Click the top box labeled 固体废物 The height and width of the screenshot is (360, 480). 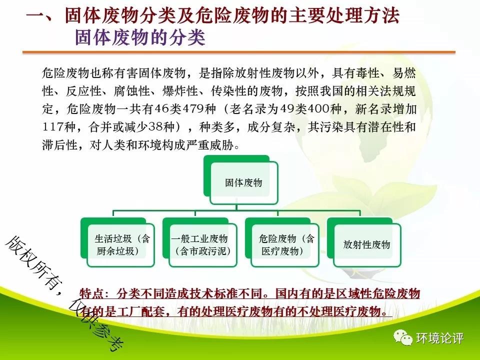coord(241,180)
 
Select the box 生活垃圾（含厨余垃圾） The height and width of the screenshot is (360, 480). coord(117,242)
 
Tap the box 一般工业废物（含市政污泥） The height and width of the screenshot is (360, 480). coord(200,242)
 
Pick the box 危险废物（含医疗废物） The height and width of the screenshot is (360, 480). coord(282,242)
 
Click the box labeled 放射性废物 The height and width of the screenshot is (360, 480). coord(364,242)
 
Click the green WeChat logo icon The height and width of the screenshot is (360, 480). coord(403,337)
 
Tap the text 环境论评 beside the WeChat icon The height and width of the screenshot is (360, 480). coord(439,338)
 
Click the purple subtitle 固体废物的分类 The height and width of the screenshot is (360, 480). coord(140,38)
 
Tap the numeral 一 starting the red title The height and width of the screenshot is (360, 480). coord(36,15)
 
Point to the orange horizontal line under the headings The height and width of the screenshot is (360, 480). coord(239,52)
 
